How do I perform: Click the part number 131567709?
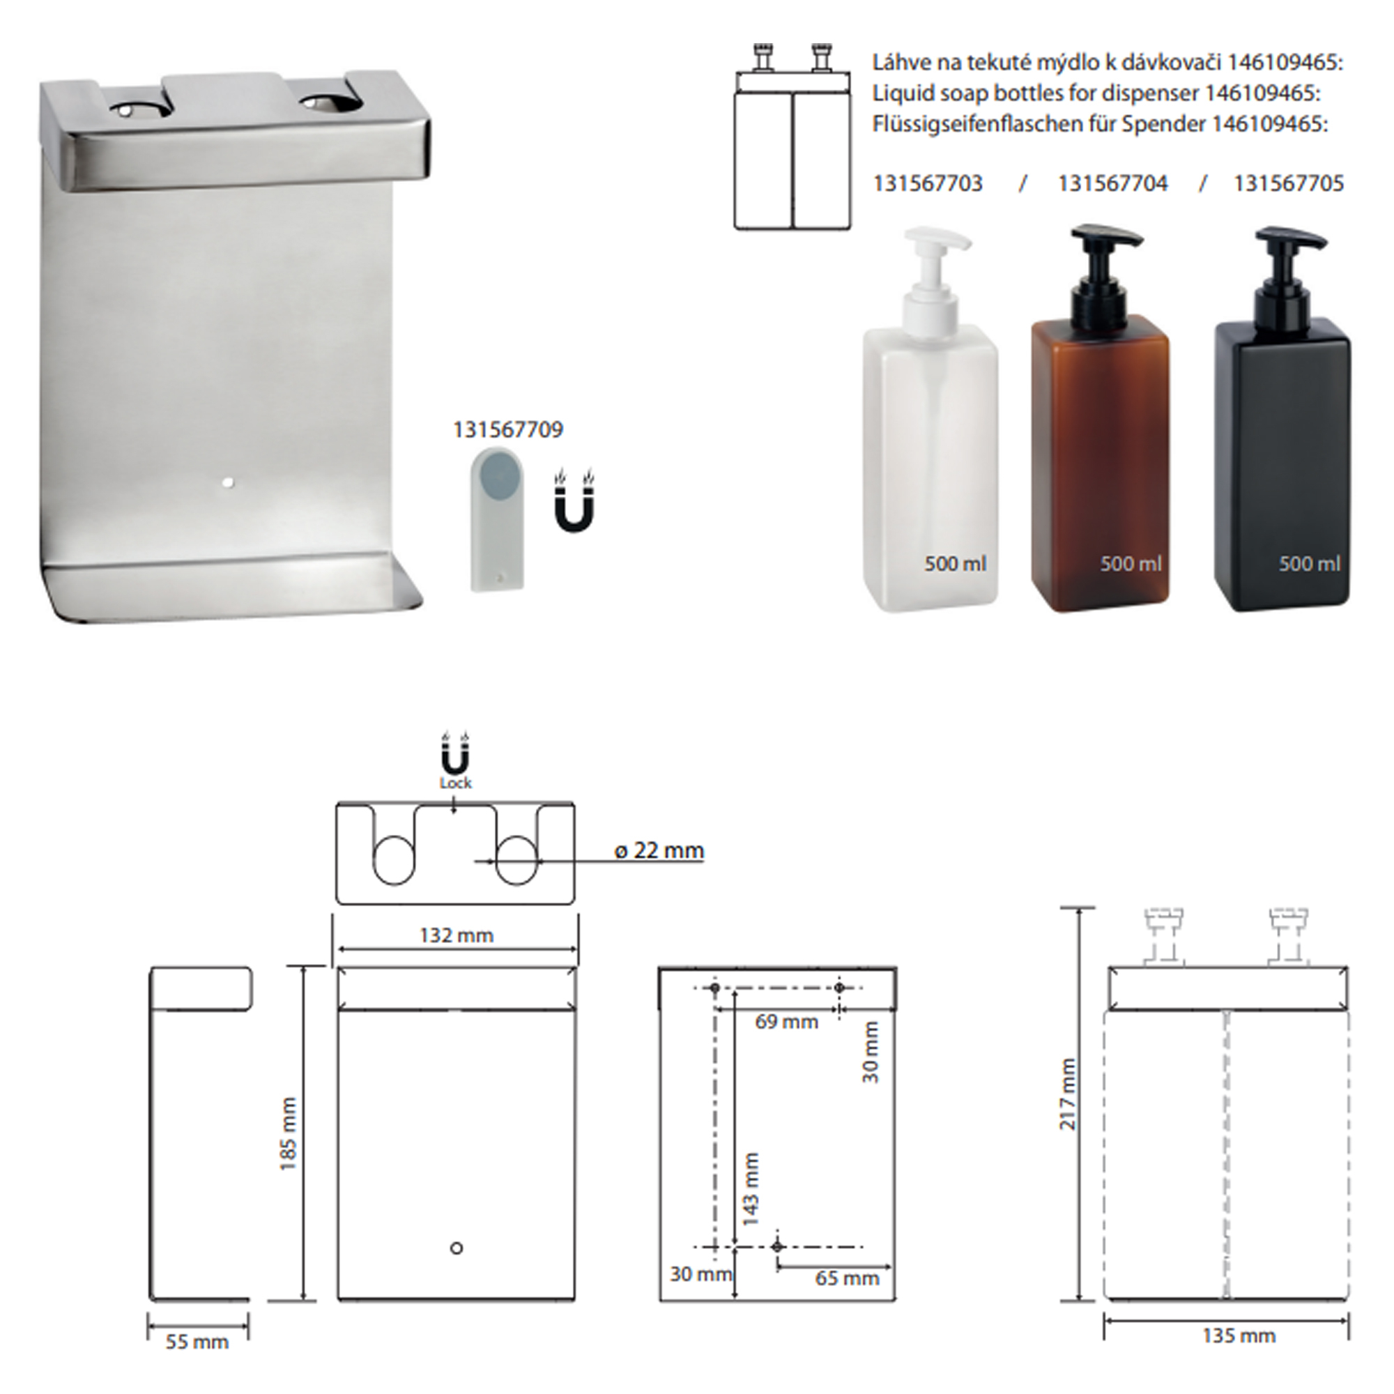(507, 429)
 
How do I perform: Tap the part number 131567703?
(927, 183)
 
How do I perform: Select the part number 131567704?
(1112, 183)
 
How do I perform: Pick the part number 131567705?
(1288, 183)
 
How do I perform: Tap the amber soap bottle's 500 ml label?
(1131, 563)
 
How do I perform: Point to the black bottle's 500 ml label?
(1310, 563)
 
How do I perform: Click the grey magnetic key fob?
(497, 519)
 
